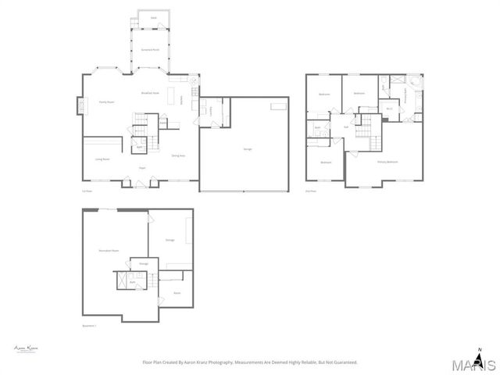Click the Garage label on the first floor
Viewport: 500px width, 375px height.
pyautogui.click(x=248, y=148)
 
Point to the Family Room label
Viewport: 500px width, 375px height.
pyautogui.click(x=107, y=101)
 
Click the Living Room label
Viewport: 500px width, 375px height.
pyautogui.click(x=102, y=159)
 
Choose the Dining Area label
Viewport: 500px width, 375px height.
pyautogui.click(x=178, y=155)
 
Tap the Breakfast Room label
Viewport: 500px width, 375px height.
pyautogui.click(x=150, y=93)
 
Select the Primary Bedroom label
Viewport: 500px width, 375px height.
pyautogui.click(x=387, y=162)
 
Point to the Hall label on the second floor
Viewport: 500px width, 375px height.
pyautogui.click(x=345, y=127)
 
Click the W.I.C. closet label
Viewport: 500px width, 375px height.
pyautogui.click(x=389, y=109)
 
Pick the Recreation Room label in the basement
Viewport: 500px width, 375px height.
pyautogui.click(x=109, y=250)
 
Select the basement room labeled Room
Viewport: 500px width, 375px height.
pyautogui.click(x=177, y=293)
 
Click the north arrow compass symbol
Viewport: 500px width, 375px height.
pyautogui.click(x=480, y=355)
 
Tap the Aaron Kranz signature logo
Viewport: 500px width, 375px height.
pyautogui.click(x=26, y=348)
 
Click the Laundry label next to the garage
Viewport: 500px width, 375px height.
pyautogui.click(x=212, y=110)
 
